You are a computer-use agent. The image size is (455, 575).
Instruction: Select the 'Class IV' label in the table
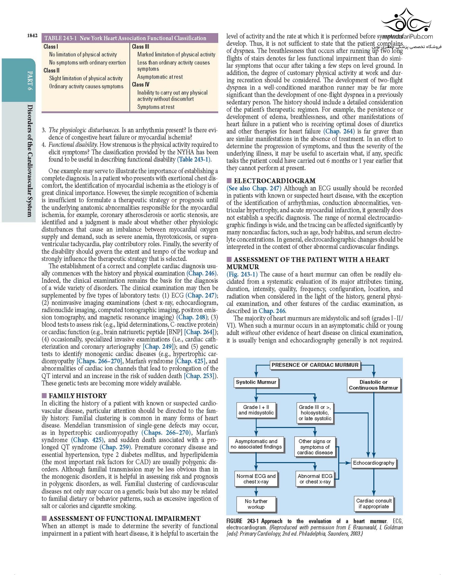pos(141,85)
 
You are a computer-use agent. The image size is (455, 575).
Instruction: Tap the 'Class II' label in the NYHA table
pos(51,70)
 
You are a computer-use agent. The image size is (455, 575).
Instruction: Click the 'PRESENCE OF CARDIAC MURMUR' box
pos(315,365)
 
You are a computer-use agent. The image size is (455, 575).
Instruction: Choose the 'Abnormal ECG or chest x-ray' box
pos(315,479)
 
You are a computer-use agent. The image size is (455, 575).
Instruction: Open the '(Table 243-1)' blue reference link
pos(194,159)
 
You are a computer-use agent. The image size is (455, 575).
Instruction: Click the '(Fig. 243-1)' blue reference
pos(242,274)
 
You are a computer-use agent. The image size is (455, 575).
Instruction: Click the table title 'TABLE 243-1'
pos(60,38)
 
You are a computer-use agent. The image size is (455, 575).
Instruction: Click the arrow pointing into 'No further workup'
pos(256,492)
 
